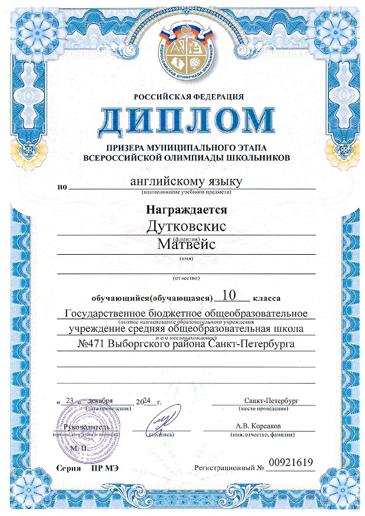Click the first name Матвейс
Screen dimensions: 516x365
click(x=187, y=244)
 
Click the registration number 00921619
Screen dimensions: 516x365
click(x=290, y=462)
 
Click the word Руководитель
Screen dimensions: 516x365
click(x=88, y=425)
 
